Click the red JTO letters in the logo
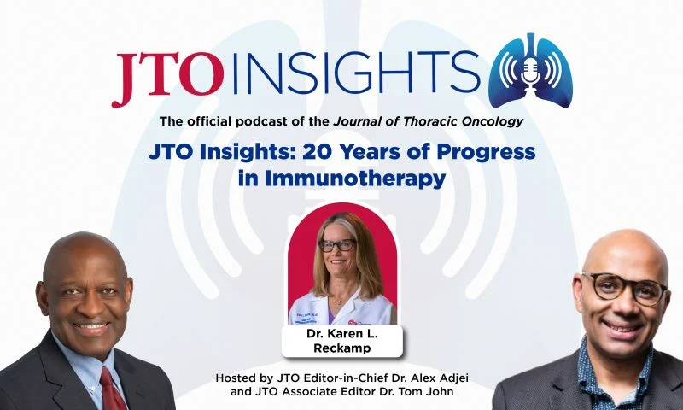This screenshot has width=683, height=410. [x=167, y=78]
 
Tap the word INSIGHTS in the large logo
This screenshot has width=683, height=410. [x=356, y=73]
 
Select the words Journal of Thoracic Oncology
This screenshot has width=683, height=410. [x=429, y=121]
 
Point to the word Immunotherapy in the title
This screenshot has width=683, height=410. [x=355, y=179]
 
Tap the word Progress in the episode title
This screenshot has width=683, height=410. [x=486, y=153]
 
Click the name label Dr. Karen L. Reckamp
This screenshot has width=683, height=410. [x=342, y=341]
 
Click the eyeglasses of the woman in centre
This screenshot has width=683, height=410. [x=336, y=245]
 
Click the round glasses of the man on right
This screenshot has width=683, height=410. [x=624, y=287]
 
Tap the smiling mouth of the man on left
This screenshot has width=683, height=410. [x=90, y=325]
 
